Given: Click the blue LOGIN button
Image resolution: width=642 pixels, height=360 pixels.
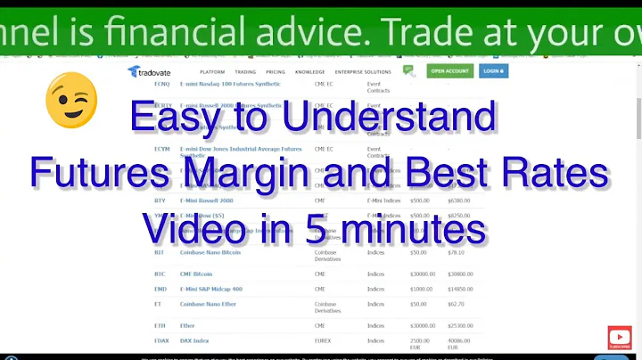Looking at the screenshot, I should (x=493, y=70).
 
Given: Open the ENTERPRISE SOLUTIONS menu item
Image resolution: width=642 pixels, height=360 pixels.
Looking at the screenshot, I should (x=362, y=70).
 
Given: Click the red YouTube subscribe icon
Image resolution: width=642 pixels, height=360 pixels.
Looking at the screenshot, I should (x=619, y=338).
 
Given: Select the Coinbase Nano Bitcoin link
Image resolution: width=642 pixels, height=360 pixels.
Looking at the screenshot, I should (x=211, y=252).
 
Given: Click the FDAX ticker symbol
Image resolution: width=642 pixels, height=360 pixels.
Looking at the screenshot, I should (x=161, y=340).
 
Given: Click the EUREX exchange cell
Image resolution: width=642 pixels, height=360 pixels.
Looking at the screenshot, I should (x=324, y=340).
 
